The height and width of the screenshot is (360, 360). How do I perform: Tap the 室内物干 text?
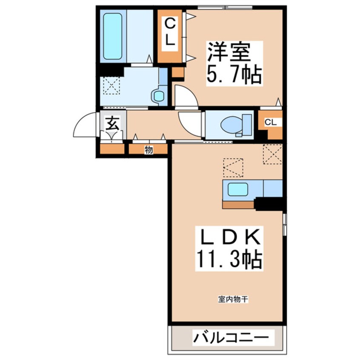pos(233,300)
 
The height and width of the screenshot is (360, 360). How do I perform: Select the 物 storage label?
pos(149,149)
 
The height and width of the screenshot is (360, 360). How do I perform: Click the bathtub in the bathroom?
pos(112,36)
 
